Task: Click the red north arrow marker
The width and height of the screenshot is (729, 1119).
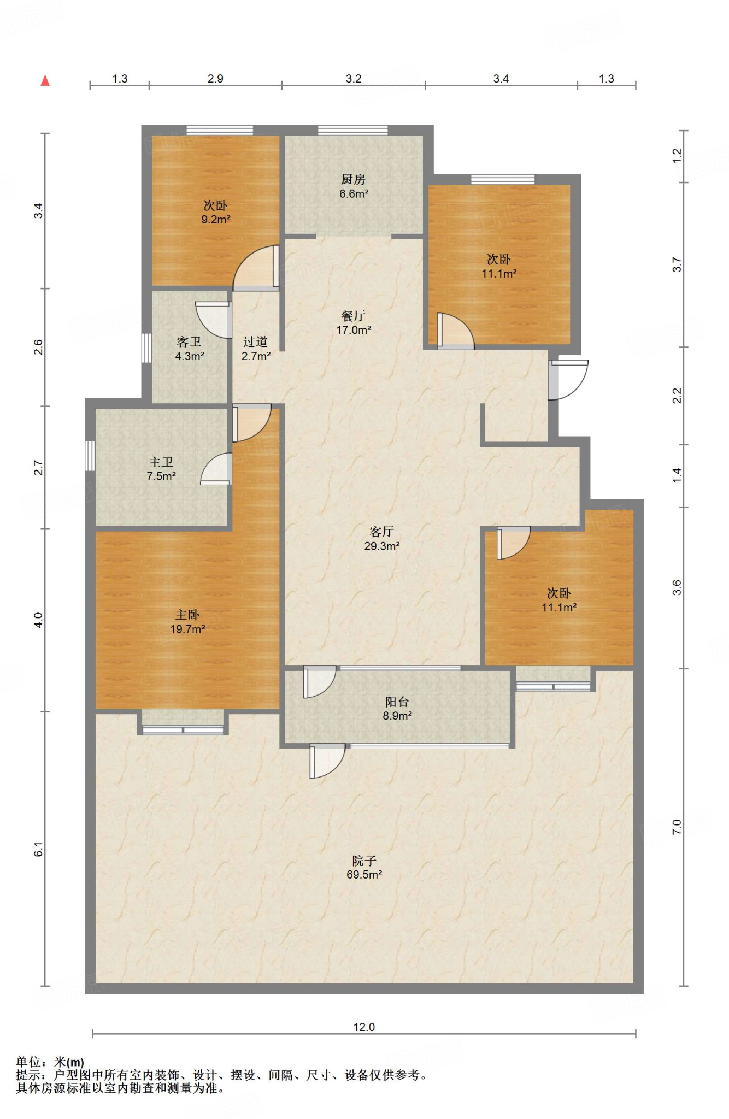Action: (x=45, y=80)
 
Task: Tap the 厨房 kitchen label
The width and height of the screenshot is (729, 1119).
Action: (x=353, y=179)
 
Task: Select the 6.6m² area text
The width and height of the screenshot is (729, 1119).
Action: (x=354, y=193)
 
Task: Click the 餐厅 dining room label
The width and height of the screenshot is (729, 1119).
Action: (x=353, y=316)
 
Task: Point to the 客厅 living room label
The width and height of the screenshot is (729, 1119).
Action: (x=381, y=532)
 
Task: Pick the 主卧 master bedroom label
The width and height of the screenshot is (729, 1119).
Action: (x=187, y=615)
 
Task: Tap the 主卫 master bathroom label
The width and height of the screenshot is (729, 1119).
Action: (x=161, y=462)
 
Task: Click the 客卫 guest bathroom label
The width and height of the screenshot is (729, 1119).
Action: (x=189, y=342)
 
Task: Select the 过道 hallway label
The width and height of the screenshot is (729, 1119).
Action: (x=255, y=342)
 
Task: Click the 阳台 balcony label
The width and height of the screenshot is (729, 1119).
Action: (x=397, y=702)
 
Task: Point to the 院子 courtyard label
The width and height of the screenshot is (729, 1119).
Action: (x=364, y=861)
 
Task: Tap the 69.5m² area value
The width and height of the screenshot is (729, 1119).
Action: (x=364, y=874)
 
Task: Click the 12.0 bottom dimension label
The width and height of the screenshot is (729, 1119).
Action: (x=364, y=1027)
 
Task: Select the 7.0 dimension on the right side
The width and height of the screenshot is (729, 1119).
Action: (x=677, y=827)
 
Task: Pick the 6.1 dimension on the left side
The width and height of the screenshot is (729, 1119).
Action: (x=38, y=849)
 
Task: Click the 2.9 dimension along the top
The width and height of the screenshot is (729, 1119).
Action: (x=215, y=79)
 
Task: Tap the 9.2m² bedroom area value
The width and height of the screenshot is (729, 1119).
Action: (x=216, y=220)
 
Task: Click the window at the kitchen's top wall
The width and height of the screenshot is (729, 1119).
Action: (x=353, y=131)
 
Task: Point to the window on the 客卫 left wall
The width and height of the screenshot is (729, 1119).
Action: (x=146, y=348)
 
